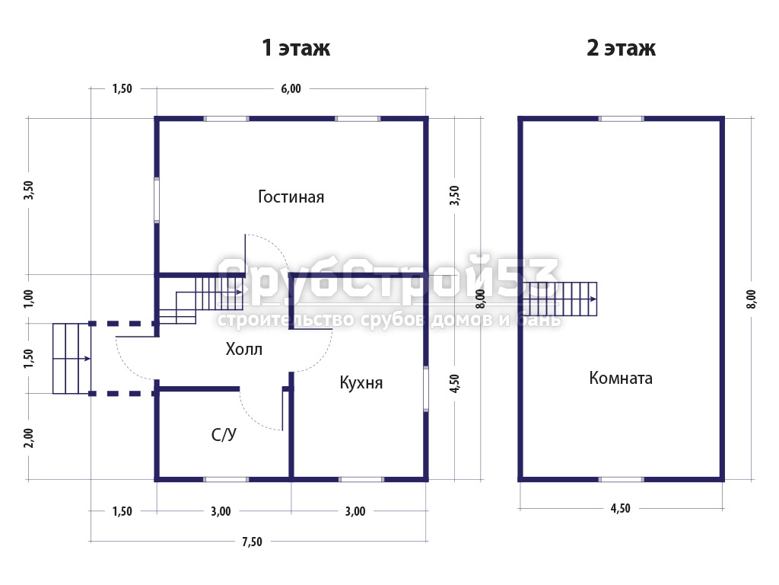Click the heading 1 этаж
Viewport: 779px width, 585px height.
[296, 48]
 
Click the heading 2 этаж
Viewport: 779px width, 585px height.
[621, 48]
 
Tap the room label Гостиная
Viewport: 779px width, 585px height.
[291, 197]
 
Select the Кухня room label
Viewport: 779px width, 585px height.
[361, 382]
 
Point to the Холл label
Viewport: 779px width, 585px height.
[243, 349]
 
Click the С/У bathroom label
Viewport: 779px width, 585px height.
[224, 435]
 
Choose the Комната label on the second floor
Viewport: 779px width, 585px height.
[621, 378]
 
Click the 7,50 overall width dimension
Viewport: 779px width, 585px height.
[252, 542]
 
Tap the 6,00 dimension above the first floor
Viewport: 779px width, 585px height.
[291, 88]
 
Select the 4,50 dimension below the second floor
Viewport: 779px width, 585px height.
[621, 508]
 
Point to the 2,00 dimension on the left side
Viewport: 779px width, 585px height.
[29, 438]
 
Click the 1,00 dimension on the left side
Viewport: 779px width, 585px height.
[29, 299]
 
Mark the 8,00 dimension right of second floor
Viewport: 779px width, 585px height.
[751, 299]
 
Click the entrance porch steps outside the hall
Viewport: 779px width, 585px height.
[72, 358]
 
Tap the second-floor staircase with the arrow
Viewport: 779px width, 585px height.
[559, 299]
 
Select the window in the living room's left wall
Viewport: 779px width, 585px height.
[157, 200]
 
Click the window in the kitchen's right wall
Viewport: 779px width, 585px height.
[426, 389]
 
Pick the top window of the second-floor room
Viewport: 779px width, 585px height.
[621, 119]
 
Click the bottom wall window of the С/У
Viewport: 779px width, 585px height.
[226, 479]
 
